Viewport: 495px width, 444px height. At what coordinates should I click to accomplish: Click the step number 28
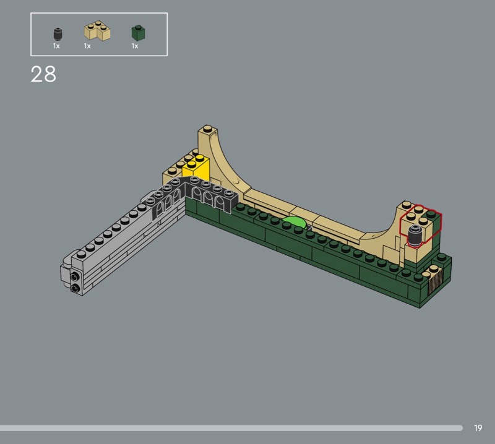(x=43, y=74)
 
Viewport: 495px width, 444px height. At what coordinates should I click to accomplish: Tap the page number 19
(x=478, y=428)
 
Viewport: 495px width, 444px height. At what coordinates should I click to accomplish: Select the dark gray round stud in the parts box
(x=58, y=34)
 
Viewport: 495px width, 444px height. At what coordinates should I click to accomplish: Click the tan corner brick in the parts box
(x=97, y=31)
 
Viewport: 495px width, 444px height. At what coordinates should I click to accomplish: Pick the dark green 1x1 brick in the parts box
(x=138, y=33)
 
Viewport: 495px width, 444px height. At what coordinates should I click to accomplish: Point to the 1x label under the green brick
(x=135, y=46)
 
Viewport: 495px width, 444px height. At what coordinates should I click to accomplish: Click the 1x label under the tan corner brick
(x=87, y=46)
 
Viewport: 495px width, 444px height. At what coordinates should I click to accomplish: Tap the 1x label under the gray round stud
(x=56, y=46)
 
